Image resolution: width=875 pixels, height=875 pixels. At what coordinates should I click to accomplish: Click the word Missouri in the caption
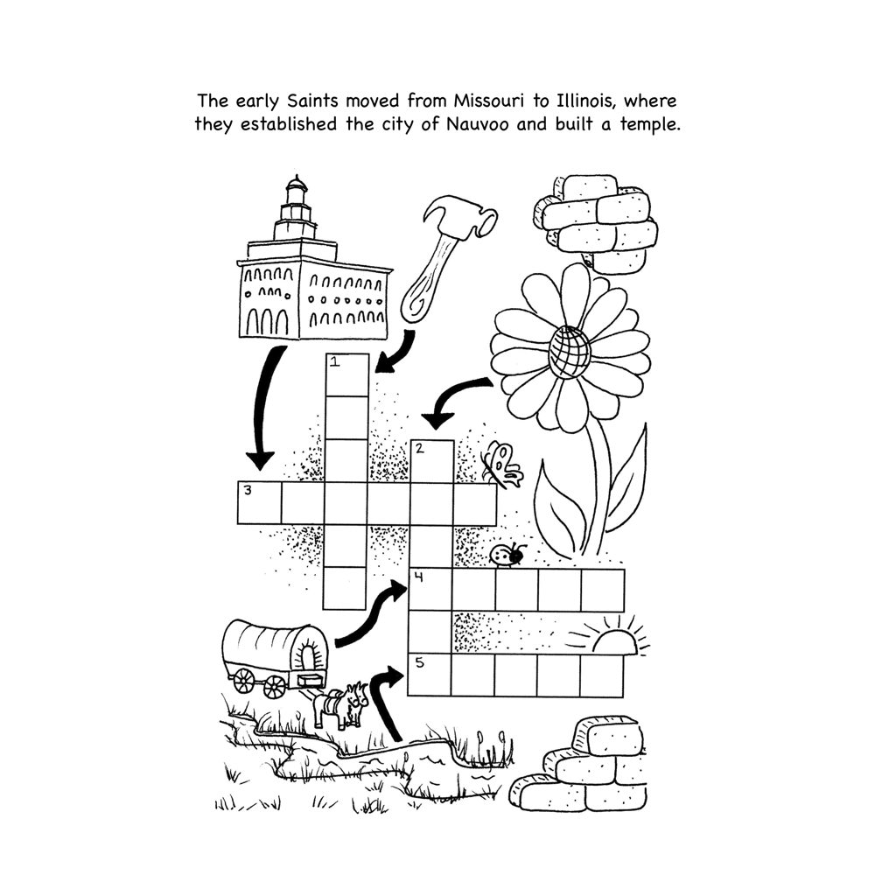[489, 101]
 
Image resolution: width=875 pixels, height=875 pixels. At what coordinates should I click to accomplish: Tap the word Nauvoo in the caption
[477, 124]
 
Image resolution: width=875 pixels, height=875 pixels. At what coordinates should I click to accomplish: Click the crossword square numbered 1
[346, 375]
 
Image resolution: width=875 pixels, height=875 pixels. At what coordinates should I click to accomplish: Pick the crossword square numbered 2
[432, 461]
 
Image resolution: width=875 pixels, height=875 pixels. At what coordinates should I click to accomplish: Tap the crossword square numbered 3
[260, 503]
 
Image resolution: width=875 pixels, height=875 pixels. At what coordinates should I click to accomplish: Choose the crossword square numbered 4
[430, 590]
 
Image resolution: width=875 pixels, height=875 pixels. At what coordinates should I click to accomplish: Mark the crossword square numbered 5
[430, 675]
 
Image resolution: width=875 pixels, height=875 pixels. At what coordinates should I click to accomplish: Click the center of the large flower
[569, 352]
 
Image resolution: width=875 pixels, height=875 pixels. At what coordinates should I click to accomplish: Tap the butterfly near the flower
[503, 465]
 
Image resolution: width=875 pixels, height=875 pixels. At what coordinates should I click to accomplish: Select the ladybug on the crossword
[507, 555]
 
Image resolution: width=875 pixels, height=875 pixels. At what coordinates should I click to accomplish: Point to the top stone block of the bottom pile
[609, 733]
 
